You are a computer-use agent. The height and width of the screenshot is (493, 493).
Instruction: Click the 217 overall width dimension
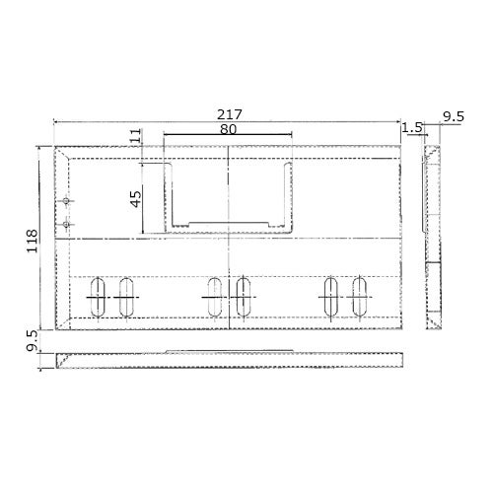(x=230, y=114)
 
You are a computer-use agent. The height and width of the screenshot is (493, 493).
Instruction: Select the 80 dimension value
(x=228, y=129)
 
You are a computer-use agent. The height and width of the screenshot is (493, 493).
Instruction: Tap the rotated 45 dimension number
(x=136, y=199)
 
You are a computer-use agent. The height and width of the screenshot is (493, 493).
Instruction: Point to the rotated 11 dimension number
(x=136, y=135)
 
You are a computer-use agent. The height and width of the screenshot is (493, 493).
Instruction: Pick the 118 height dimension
(x=32, y=241)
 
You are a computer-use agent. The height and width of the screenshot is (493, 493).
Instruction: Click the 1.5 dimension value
(x=412, y=127)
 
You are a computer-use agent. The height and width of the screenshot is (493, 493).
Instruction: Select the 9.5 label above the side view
(x=453, y=117)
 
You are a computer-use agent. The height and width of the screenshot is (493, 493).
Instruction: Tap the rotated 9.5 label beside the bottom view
(x=32, y=342)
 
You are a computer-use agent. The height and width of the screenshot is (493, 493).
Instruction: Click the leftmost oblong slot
(x=98, y=297)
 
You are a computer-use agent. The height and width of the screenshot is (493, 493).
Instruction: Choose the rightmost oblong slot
(x=359, y=297)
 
